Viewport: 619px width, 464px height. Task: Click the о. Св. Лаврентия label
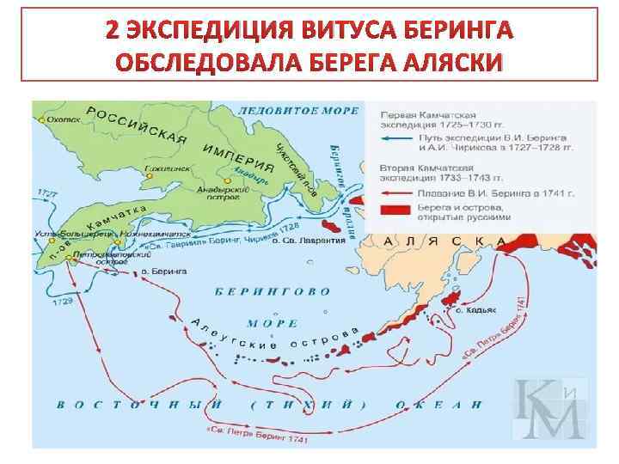[309, 241]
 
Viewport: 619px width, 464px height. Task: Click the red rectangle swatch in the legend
[389, 211]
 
